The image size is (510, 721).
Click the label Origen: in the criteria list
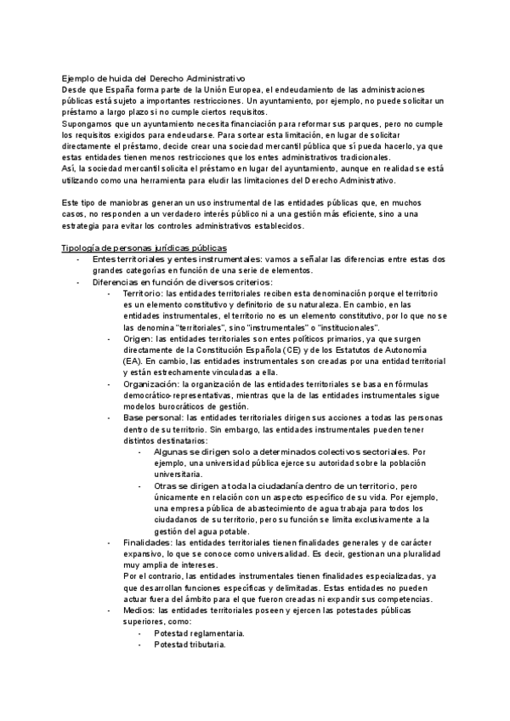[x=140, y=338]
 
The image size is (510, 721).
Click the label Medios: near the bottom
[x=139, y=610]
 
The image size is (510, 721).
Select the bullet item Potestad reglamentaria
[x=199, y=633]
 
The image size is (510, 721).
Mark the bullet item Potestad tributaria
[x=190, y=645]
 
